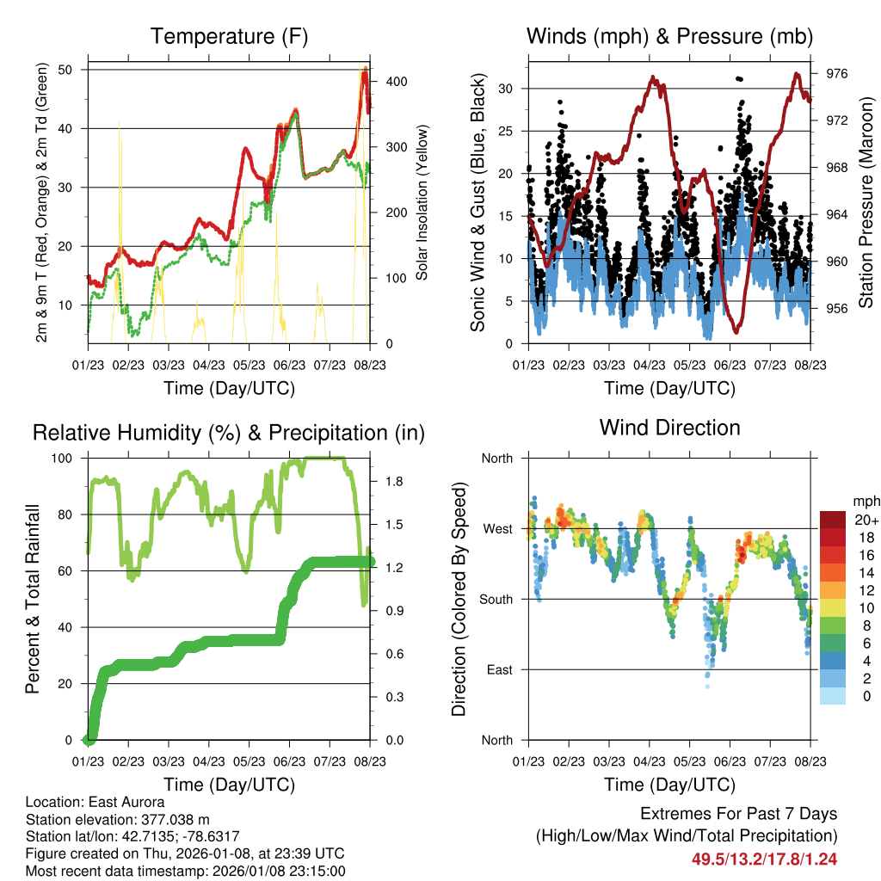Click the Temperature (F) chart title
[x=229, y=37]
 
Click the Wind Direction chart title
[x=669, y=428]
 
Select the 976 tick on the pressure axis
[x=837, y=74]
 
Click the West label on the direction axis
[x=496, y=528]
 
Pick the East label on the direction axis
[x=497, y=669]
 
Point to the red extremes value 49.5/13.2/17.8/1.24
[x=764, y=859]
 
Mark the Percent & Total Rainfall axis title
[x=33, y=599]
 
